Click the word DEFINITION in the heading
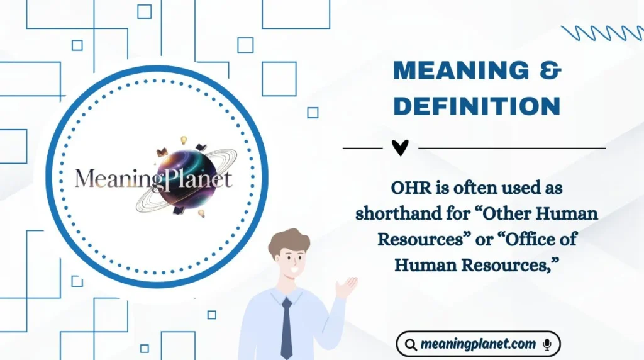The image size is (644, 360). click(x=477, y=106)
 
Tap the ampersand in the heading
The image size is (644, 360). click(x=550, y=71)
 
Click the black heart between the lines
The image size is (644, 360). click(x=400, y=148)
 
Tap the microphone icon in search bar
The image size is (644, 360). click(x=547, y=344)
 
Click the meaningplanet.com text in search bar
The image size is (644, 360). click(x=479, y=344)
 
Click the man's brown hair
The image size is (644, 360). click(x=288, y=242)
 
